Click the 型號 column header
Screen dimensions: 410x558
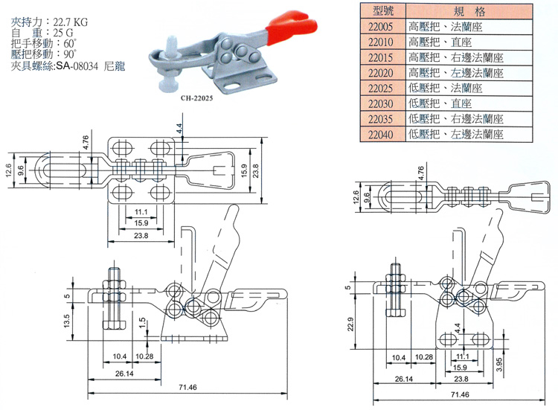(380, 11)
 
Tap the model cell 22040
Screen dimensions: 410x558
(380, 135)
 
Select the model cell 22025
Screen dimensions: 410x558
(380, 88)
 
